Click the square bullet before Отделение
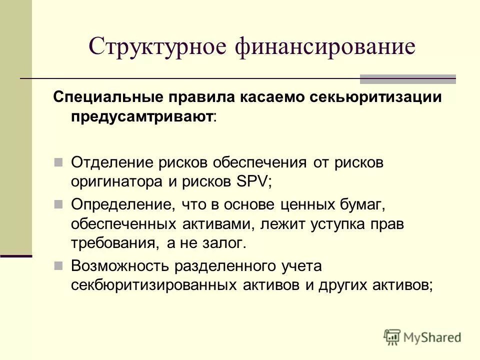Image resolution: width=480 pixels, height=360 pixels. [58, 162]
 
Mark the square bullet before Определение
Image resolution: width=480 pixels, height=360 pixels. [58, 204]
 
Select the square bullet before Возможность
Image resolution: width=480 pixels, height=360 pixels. [58, 265]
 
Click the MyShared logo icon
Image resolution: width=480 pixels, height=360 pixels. [392, 337]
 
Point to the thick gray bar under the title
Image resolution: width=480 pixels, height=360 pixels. [408, 78]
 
